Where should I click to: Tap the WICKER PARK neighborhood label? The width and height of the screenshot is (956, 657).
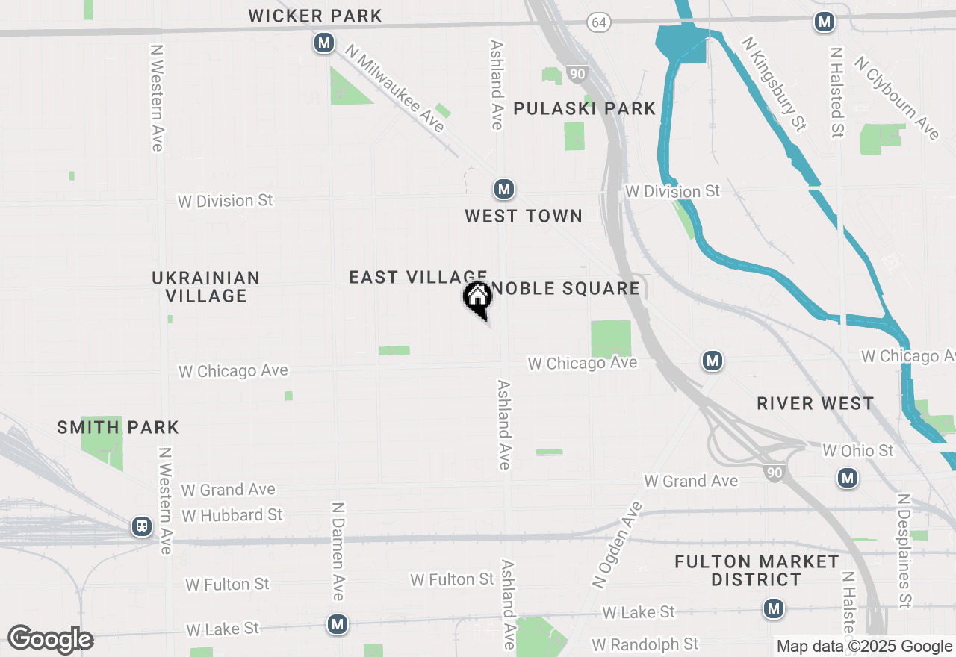click(x=315, y=16)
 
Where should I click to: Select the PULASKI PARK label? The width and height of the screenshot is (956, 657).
click(x=585, y=109)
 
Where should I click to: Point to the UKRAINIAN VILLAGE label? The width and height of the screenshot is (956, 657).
click(x=206, y=287)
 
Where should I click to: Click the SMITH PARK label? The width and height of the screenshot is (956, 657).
click(x=118, y=428)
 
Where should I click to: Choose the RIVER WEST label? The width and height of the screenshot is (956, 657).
click(x=815, y=404)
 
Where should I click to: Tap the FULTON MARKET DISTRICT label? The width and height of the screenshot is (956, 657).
click(x=757, y=570)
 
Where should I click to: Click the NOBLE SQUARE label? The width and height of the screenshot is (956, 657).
click(x=565, y=289)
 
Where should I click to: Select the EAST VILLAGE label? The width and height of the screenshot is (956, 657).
click(x=418, y=278)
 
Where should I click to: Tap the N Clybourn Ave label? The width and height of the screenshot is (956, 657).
click(x=896, y=98)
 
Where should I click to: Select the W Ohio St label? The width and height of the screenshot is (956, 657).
click(x=857, y=451)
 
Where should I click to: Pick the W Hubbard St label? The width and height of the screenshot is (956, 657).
click(x=232, y=515)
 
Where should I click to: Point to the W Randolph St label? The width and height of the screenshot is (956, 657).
click(x=645, y=644)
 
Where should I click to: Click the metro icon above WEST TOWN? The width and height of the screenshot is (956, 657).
click(x=504, y=189)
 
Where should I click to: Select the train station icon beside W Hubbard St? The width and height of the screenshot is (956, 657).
click(x=141, y=526)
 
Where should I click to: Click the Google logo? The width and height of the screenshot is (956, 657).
click(x=50, y=639)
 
